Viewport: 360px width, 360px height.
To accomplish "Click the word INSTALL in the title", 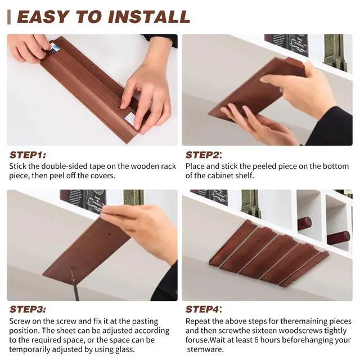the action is [149, 17].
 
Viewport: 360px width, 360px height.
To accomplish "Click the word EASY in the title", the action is [43, 17].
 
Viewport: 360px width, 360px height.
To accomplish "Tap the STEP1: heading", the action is [28, 155].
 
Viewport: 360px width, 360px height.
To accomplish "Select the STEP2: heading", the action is [204, 155].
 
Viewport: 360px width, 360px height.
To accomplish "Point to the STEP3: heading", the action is [28, 309].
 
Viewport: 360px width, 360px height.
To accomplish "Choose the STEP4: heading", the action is [204, 309].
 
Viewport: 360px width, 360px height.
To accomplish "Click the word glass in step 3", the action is [124, 350].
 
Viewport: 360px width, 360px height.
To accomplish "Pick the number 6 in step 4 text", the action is [256, 340].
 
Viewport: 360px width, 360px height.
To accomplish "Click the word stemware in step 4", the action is [204, 350].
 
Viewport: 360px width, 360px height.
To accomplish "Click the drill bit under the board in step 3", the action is [75, 285].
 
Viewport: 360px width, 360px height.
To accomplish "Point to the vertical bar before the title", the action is [9, 17].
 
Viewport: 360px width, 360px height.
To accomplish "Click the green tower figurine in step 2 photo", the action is [335, 52].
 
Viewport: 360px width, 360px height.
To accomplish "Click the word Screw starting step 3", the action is [20, 321].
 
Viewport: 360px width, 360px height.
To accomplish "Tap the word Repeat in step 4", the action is [197, 321].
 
